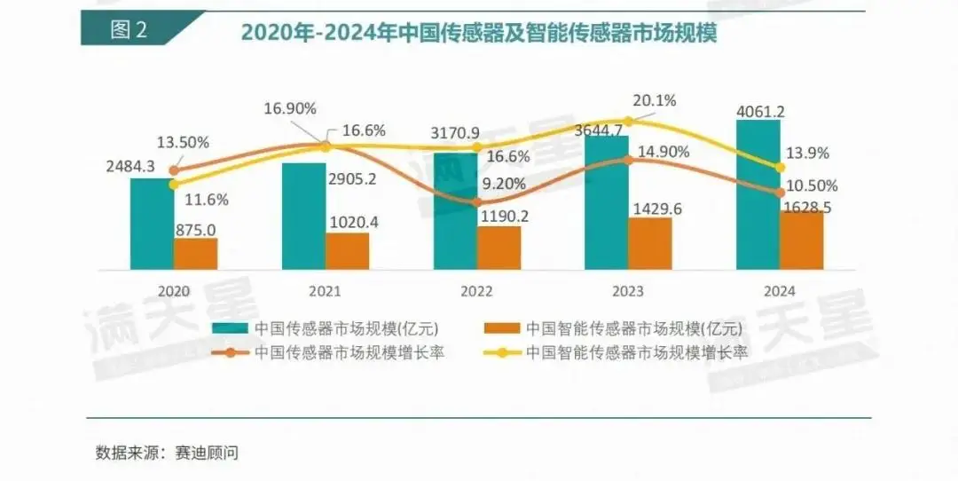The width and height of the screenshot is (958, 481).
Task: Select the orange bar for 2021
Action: tap(347, 251)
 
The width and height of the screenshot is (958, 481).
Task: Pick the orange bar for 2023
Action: tap(650, 243)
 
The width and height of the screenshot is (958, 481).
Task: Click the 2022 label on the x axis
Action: tap(476, 290)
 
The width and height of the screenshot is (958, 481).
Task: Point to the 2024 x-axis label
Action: tap(779, 290)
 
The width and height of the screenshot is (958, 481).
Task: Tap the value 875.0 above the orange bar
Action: tap(195, 230)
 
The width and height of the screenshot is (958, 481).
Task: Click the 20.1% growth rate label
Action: tap(655, 100)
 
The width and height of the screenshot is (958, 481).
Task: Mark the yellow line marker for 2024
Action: tap(780, 167)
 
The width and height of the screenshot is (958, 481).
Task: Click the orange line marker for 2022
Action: tap(476, 201)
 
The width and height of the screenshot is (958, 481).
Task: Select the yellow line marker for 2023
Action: tap(628, 121)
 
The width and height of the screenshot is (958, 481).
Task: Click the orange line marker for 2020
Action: tap(174, 170)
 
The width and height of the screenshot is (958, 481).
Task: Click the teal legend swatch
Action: tap(232, 327)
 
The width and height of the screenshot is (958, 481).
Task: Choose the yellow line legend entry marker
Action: tap(502, 352)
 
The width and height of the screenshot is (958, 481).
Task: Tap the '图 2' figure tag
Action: tap(130, 29)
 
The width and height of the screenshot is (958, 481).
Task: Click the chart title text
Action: tap(478, 33)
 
